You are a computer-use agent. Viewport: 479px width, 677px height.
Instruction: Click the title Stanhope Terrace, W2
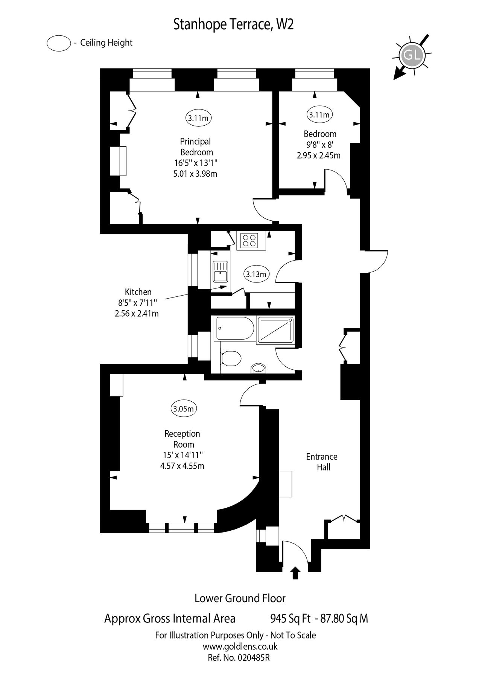tap(233, 25)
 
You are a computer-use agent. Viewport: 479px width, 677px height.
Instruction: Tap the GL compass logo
tap(412, 56)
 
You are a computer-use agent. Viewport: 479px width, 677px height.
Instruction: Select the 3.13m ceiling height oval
tap(256, 274)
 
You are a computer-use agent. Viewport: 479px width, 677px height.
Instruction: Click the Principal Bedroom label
tap(196, 147)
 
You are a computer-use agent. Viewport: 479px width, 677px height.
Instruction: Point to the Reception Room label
tap(182, 439)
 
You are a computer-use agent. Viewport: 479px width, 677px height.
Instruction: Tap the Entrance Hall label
tap(321, 461)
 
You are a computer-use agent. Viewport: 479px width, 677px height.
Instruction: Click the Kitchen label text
tap(138, 292)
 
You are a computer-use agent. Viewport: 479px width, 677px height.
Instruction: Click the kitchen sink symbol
tap(220, 272)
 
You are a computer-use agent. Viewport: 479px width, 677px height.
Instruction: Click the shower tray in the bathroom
tap(275, 329)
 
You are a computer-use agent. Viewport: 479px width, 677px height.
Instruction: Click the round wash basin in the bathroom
tap(258, 368)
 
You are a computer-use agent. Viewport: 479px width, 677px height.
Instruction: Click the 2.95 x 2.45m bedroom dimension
tap(318, 155)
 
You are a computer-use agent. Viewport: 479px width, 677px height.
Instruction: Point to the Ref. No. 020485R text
tap(239, 658)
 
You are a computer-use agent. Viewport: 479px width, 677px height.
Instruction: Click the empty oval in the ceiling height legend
tap(59, 43)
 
